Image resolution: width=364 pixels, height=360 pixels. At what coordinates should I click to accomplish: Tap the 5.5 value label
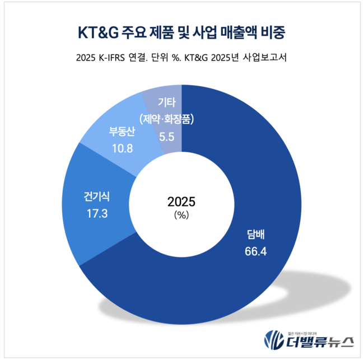click(167, 135)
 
